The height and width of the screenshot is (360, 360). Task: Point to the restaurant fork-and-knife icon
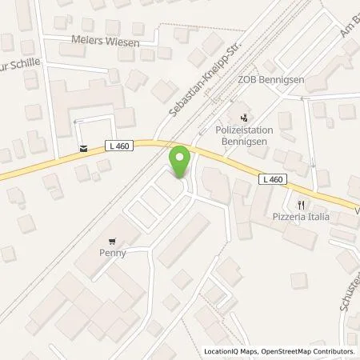tap(302, 204)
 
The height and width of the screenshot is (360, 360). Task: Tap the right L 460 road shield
tap(271, 179)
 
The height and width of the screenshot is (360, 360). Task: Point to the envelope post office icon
tap(83, 147)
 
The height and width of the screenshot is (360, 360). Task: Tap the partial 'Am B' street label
tap(348, 29)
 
